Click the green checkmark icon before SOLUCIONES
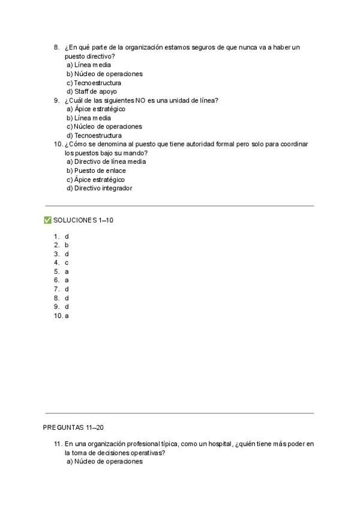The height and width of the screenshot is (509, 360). pos(47,220)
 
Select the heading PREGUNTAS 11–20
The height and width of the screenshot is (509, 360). pos(74,427)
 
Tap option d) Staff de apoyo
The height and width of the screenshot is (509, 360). pos(92,91)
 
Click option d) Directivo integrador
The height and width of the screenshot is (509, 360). pos(99,188)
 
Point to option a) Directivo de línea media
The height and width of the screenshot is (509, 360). pos(106,161)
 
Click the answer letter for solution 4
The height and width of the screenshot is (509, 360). pos(67,263)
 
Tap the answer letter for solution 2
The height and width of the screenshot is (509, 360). pos(67,245)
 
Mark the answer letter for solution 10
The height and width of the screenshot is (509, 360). pos(67,316)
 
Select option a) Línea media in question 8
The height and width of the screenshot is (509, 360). pos(89,65)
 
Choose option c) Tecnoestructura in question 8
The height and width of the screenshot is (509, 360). pos(94,83)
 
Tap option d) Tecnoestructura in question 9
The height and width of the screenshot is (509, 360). pos(94,136)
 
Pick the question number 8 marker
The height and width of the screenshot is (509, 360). pos(56,47)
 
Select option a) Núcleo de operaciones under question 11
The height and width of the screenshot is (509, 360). pos(104,462)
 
